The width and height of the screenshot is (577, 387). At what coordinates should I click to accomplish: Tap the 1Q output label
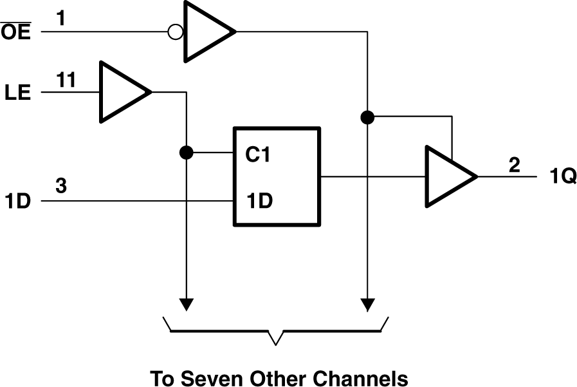click(563, 176)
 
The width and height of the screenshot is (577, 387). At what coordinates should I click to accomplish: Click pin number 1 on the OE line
click(60, 18)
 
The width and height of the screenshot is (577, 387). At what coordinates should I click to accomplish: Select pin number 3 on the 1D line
click(60, 187)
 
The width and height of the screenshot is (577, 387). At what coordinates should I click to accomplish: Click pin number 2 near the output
click(514, 164)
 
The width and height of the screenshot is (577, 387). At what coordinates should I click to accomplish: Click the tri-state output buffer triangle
click(446, 176)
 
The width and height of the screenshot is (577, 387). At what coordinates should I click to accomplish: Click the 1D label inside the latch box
click(259, 201)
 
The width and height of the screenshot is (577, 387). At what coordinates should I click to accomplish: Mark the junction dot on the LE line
click(187, 153)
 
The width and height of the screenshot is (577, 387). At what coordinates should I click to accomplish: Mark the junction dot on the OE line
click(368, 117)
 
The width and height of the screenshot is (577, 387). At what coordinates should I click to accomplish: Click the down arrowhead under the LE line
click(187, 303)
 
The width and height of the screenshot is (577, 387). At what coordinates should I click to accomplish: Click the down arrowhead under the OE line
click(368, 303)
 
